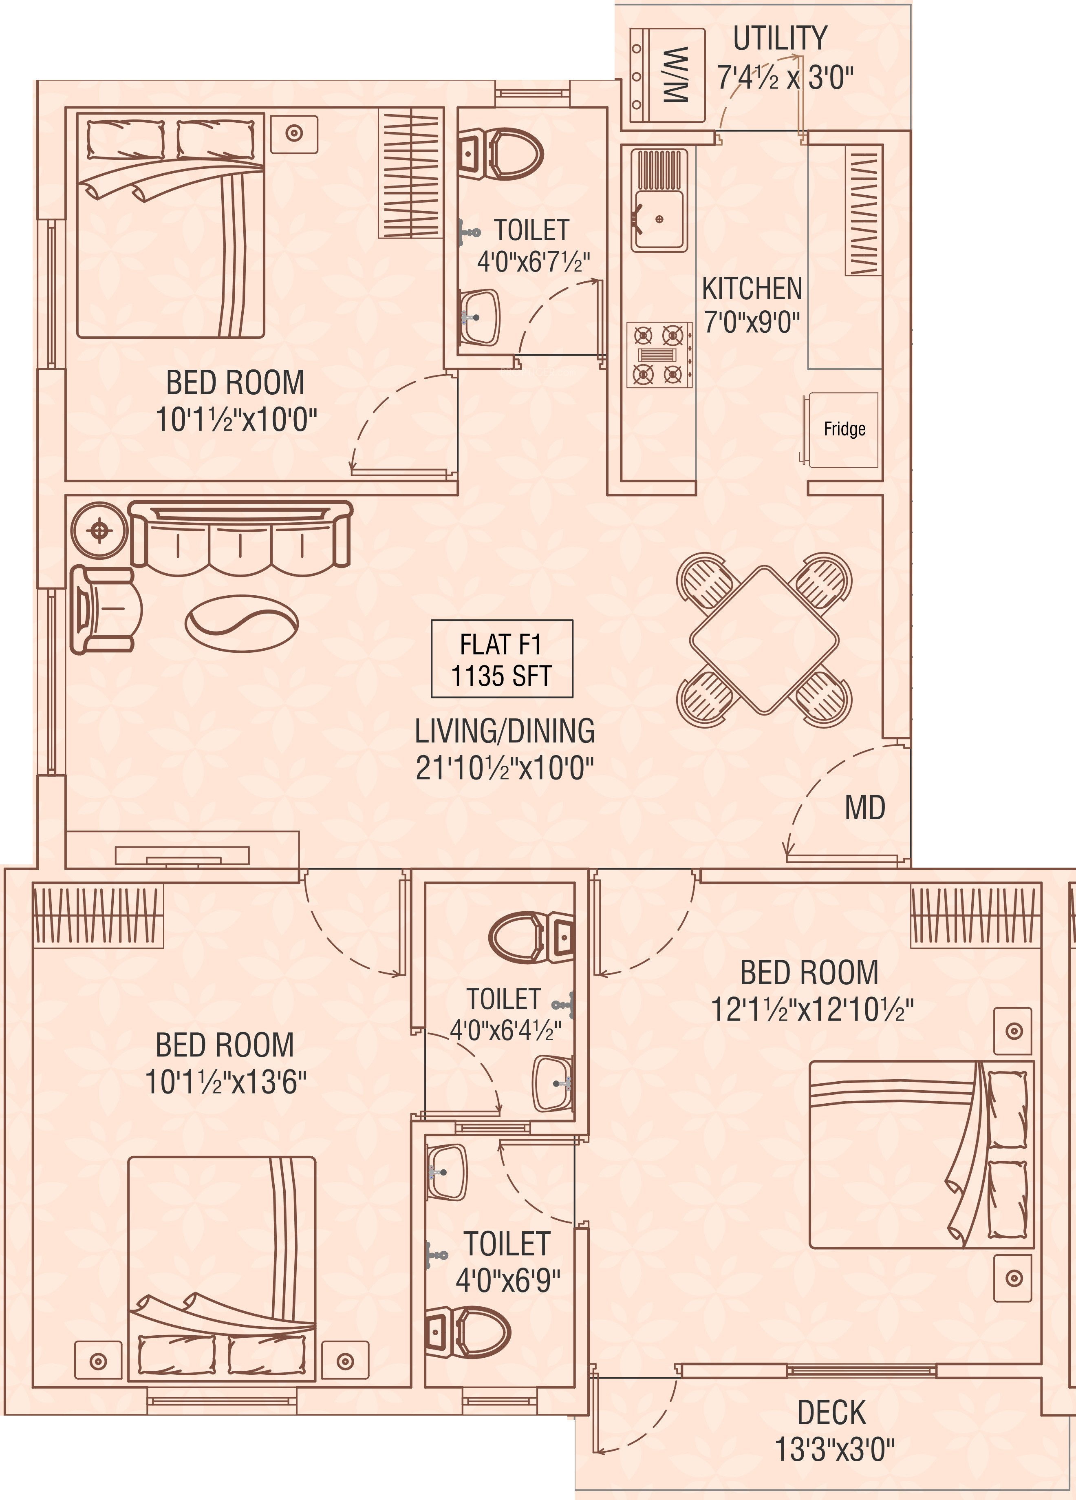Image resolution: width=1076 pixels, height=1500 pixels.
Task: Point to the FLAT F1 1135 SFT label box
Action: [x=502, y=659]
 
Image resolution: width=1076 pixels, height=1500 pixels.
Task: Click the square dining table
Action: [x=765, y=640]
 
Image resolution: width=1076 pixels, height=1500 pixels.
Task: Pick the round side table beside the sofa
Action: [x=99, y=531]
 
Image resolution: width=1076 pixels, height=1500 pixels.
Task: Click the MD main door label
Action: [x=865, y=808]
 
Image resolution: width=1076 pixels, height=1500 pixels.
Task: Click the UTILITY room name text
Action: [x=781, y=38]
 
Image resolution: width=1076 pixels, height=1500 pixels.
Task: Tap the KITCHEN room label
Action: [x=752, y=289]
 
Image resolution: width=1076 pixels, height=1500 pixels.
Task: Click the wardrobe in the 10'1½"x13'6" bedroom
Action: [x=98, y=917]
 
